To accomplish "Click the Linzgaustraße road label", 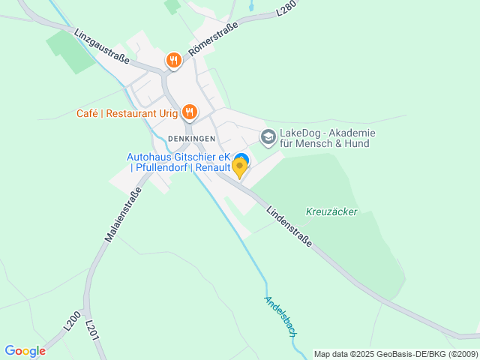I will click(x=102, y=46).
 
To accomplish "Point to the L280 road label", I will click(x=286, y=8).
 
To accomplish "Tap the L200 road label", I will click(x=72, y=320).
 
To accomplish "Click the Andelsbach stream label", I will click(x=281, y=316).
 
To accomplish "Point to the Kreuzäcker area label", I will click(x=331, y=211).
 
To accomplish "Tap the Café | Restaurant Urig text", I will click(x=127, y=114).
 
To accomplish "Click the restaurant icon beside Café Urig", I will click(x=189, y=113).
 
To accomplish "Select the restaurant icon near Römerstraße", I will click(x=174, y=60).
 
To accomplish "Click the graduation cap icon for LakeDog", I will click(x=268, y=137).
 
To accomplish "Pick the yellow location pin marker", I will click(x=240, y=168).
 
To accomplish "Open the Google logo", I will click(x=25, y=351).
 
